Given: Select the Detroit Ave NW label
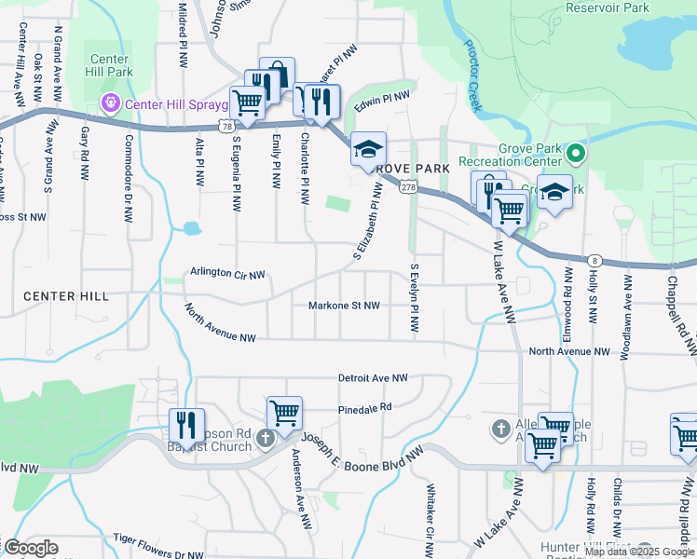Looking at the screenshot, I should click(x=373, y=378).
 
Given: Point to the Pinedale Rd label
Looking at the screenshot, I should click(x=365, y=407).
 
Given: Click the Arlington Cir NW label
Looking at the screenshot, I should click(x=228, y=274).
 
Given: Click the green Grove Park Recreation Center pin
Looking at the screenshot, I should click(x=576, y=153).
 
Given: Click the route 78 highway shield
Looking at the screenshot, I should click(x=227, y=124).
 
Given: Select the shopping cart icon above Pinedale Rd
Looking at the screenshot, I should click(x=284, y=412).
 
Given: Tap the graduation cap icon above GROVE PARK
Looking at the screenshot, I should click(x=368, y=149).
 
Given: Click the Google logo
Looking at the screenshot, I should click(x=31, y=548).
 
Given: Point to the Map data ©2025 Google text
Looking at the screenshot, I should click(x=639, y=552).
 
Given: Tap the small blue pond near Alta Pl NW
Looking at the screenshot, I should click(x=192, y=227).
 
